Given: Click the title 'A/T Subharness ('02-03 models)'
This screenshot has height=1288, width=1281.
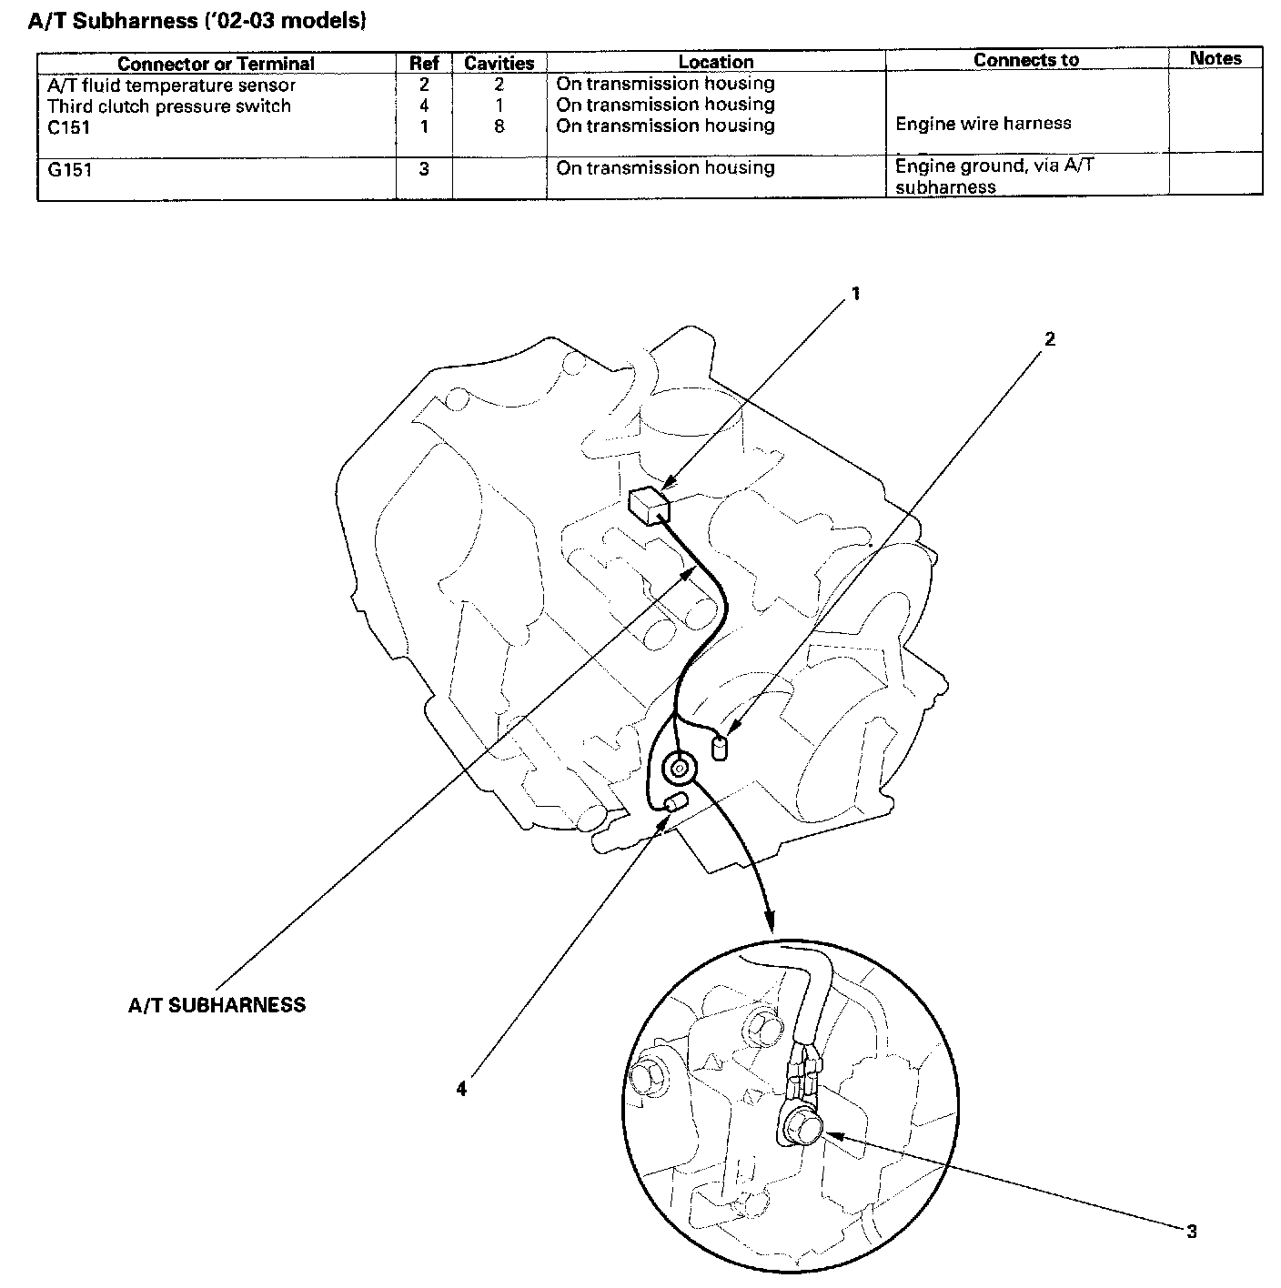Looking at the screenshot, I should (197, 20).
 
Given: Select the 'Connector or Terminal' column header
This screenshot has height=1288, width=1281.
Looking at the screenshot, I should (216, 64).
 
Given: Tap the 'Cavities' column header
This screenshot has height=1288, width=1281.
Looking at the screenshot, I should (499, 64).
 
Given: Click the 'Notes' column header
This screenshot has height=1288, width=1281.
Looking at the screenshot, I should (1215, 58).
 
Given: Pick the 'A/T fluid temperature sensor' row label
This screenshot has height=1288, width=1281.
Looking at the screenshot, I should (171, 86).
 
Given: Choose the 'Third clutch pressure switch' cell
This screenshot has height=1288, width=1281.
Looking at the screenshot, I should (169, 106).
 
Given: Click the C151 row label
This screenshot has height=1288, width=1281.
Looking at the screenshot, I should (69, 127).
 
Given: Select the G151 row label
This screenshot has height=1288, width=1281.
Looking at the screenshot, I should (70, 169).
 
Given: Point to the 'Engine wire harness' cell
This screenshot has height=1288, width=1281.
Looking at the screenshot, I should (983, 123).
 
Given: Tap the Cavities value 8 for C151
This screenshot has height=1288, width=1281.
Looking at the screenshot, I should (499, 126).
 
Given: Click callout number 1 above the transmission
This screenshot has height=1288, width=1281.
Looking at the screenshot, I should (855, 294).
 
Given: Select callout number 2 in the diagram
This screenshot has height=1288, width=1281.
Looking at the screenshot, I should (1050, 339).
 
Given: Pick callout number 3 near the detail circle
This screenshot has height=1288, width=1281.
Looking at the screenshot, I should (1191, 1232).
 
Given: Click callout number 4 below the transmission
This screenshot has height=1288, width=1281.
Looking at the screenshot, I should (461, 1088).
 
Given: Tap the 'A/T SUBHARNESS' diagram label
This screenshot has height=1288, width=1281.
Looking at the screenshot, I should (217, 1005).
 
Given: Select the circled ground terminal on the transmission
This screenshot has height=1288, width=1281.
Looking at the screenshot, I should (679, 770).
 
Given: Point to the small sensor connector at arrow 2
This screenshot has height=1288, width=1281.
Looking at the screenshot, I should (721, 749).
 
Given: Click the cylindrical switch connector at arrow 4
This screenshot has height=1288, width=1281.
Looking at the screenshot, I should (676, 803).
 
